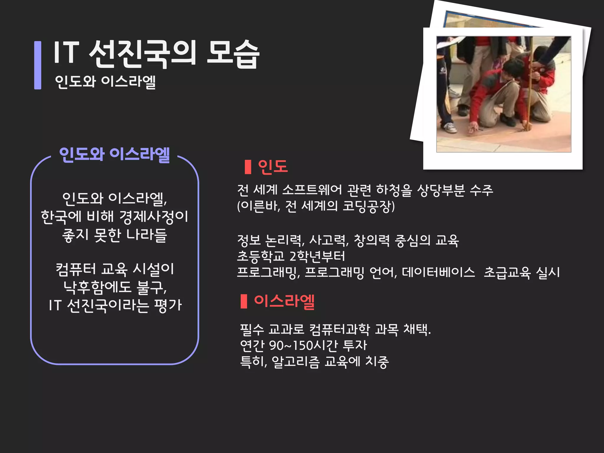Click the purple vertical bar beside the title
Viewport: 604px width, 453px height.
coord(38,65)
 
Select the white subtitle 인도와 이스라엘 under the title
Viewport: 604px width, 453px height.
coord(105,81)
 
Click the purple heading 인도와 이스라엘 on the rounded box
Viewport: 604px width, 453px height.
coord(114,154)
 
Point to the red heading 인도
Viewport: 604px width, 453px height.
coord(273,167)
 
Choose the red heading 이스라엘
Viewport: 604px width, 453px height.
coord(284,301)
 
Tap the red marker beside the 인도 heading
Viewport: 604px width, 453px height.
coord(248,167)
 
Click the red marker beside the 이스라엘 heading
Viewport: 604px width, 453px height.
coord(244,301)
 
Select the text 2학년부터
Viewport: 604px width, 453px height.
coord(317,256)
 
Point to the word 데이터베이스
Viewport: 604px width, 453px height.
coord(438,272)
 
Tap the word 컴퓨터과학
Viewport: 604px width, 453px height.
coord(339,329)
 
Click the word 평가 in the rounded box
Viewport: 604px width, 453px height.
coord(168,305)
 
